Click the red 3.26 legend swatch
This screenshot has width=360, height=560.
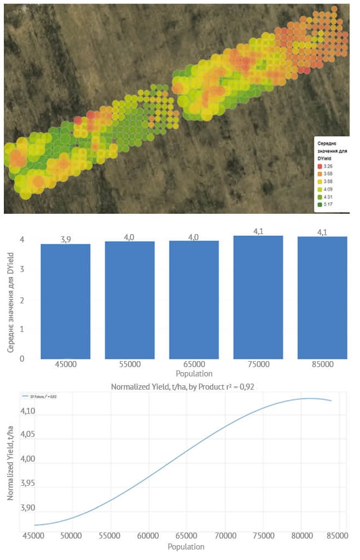point(319,166)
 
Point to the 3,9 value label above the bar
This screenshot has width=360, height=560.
point(66,240)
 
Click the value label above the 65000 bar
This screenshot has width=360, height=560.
point(194,237)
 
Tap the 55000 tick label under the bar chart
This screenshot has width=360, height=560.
point(130,365)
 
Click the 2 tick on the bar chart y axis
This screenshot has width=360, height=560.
point(22,300)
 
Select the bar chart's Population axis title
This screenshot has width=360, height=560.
point(194,374)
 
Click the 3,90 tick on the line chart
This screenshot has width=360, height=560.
point(27,508)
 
